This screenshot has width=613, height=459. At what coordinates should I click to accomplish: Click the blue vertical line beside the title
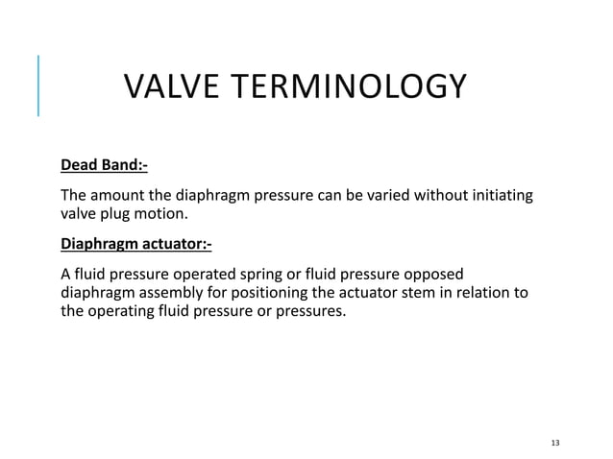[38, 86]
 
